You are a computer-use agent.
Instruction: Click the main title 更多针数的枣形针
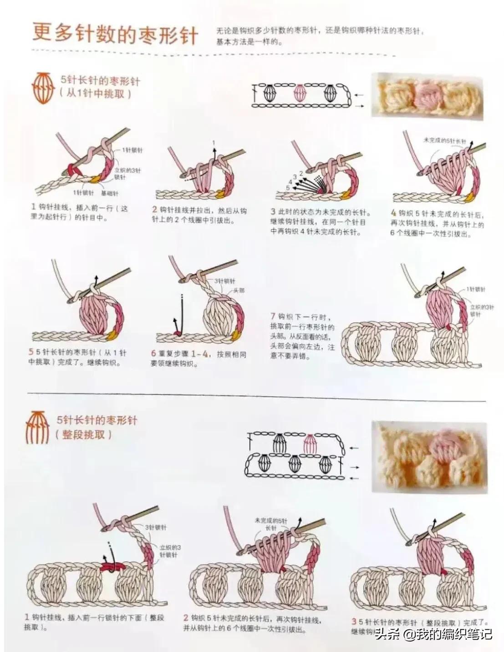point(115,33)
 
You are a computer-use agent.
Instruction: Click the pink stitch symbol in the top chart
point(300,94)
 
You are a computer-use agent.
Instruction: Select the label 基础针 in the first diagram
point(109,193)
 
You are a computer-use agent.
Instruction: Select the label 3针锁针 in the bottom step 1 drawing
point(156,527)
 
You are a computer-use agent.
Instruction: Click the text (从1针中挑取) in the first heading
point(95,94)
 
